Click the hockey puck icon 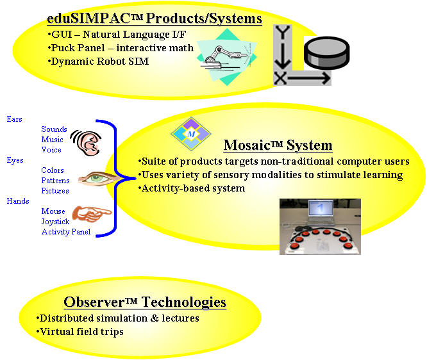[x=326, y=53]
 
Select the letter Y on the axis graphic [x=283, y=32]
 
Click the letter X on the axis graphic [x=280, y=78]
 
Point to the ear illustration [x=87, y=143]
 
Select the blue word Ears [x=15, y=119]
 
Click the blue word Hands [x=18, y=200]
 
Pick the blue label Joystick [x=55, y=222]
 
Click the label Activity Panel [x=66, y=232]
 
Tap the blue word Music [x=53, y=139]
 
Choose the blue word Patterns [x=55, y=181]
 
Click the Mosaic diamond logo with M [x=191, y=134]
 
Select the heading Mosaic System [x=278, y=145]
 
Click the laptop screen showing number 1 [x=321, y=208]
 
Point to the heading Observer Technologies [x=145, y=302]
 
